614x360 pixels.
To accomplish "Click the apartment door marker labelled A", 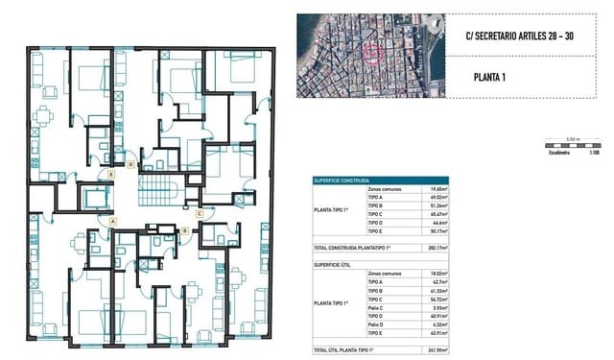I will pos(113,221).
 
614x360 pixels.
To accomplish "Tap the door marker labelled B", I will pos(183,230).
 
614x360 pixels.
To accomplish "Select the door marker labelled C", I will pos(199,213).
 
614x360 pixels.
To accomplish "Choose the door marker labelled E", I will pos(112,174).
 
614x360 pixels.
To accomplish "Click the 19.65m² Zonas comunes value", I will pos(440,189).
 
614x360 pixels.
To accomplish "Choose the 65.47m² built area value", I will pos(440,214).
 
